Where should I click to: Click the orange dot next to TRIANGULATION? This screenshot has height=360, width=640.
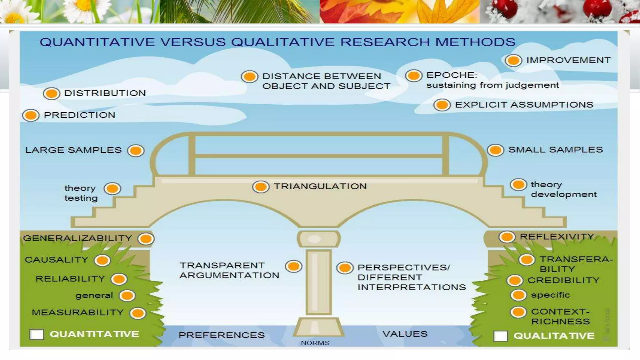(261, 187)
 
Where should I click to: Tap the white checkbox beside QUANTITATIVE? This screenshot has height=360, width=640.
(37, 334)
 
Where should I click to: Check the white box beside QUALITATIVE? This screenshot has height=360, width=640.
(500, 336)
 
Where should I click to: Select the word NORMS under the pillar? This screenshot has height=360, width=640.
(315, 343)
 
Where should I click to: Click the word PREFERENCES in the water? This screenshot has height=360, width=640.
(222, 335)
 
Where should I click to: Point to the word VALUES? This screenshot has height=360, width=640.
(405, 334)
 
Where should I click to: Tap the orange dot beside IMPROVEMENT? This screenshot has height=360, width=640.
(513, 60)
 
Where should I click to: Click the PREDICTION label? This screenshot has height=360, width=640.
(79, 115)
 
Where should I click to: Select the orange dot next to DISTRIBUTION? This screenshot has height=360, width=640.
(52, 93)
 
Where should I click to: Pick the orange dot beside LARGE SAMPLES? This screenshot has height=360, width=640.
(136, 151)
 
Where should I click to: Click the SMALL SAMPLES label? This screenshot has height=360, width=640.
(555, 150)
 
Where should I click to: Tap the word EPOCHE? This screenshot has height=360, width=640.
(452, 75)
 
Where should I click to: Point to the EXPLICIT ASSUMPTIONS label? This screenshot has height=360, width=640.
(524, 105)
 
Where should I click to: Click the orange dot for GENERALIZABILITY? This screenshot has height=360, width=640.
(146, 239)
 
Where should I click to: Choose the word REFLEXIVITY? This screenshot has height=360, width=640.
(557, 237)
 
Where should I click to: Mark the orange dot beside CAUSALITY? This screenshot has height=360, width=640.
(102, 260)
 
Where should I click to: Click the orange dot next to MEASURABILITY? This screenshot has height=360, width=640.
(138, 313)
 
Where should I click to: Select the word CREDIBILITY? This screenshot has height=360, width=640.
(563, 280)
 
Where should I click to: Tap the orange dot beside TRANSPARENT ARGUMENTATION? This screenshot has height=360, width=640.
(293, 266)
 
